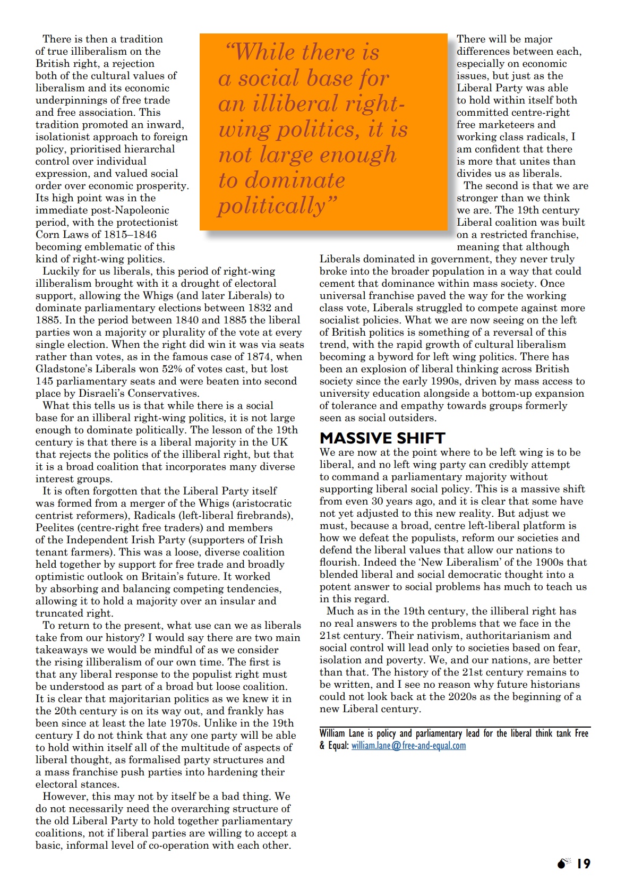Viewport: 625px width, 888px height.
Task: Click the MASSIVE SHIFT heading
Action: (382, 438)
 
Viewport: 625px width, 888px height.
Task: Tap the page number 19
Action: (584, 864)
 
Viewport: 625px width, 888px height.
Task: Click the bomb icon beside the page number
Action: (563, 864)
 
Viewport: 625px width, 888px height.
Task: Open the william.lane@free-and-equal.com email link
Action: (408, 746)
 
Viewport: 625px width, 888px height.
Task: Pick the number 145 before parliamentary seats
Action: (45, 381)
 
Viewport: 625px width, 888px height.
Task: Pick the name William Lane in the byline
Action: (341, 733)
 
